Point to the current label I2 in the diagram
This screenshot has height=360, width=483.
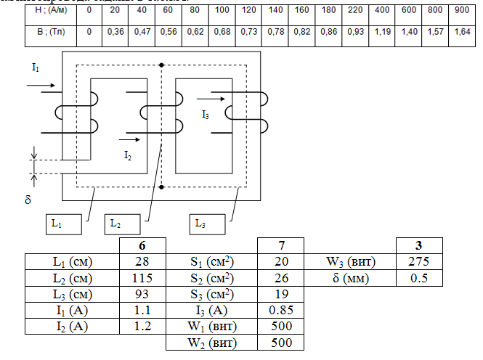tap(127, 155)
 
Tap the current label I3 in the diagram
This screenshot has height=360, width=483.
tap(206, 115)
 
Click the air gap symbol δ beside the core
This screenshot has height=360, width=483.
tap(28, 198)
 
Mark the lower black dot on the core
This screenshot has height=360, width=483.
tap(161, 187)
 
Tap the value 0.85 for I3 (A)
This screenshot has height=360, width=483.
tap(280, 309)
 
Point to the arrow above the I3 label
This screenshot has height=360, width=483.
tap(211, 97)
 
